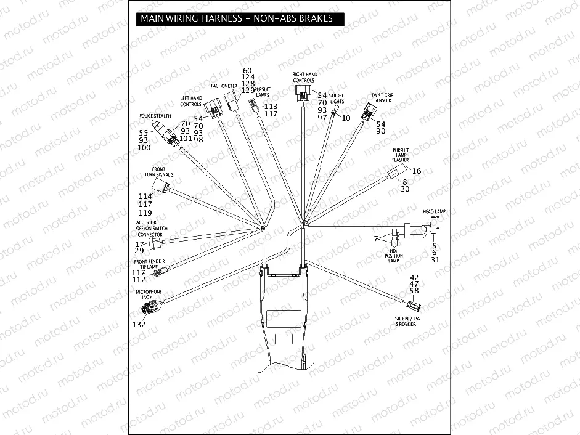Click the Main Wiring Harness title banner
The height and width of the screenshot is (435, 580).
[237, 18]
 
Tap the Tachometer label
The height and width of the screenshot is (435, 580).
[224, 86]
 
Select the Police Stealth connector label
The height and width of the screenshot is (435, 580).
[155, 116]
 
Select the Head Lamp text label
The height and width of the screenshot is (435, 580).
[434, 211]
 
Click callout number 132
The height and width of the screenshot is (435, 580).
[140, 323]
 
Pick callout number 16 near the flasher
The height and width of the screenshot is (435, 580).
[417, 171]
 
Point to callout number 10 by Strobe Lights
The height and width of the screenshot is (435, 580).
[346, 117]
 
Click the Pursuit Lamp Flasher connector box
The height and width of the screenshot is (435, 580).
[396, 173]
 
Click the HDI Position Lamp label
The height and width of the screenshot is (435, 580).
[393, 256]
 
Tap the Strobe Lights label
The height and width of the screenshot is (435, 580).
[337, 98]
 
